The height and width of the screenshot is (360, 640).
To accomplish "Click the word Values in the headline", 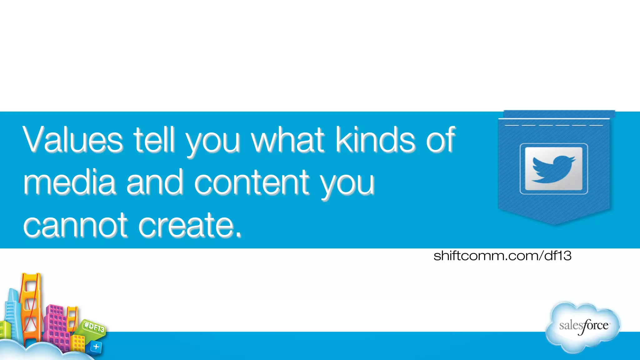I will click(72, 139).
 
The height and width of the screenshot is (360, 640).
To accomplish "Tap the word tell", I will click(154, 139).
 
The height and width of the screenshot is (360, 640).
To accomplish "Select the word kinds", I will click(375, 139).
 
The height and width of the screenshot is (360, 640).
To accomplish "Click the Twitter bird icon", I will click(553, 169).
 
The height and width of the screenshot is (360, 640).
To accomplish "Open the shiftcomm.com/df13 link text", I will click(502, 256).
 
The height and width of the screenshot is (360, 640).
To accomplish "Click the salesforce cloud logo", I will click(583, 327).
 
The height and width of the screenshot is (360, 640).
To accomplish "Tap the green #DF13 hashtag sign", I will click(94, 327).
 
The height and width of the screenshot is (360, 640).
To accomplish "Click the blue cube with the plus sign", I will click(96, 347).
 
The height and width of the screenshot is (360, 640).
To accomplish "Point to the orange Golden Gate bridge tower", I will click(30, 306).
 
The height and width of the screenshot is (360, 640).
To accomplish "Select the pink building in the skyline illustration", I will click(56, 325).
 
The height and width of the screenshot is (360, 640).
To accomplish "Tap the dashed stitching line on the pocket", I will click(553, 125).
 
